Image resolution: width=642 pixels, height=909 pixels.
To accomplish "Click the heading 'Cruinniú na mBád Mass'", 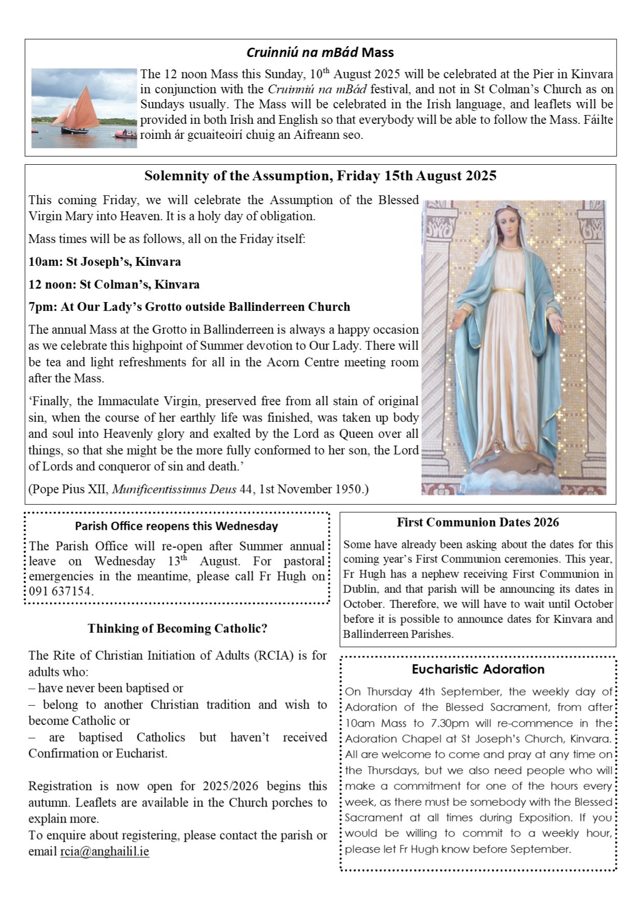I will click(320, 52).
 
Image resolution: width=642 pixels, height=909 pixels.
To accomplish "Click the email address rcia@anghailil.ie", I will click(105, 851).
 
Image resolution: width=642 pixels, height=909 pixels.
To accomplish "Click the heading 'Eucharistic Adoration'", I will click(478, 669).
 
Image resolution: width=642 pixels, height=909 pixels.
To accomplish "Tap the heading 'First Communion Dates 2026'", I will click(478, 522).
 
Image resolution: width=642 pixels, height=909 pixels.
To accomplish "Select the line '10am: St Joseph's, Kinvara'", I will click(105, 262).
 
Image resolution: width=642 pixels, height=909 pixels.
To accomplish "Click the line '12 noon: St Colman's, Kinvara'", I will click(114, 285).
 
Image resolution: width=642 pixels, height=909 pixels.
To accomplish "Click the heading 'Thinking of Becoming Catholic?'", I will click(177, 629).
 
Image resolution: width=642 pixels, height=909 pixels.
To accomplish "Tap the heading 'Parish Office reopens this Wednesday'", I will click(176, 526).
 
